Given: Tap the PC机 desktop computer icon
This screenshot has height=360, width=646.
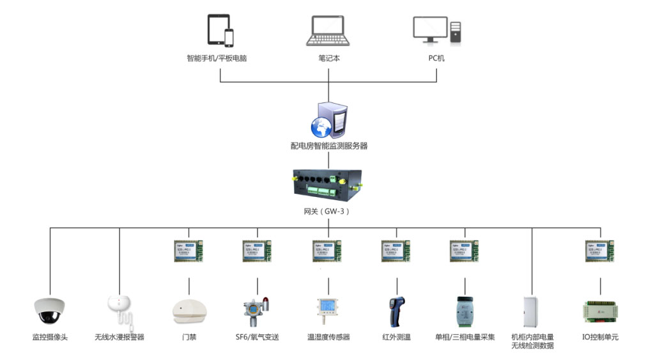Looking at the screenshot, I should click(x=436, y=31).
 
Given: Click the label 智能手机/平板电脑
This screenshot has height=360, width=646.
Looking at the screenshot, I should click(x=217, y=58).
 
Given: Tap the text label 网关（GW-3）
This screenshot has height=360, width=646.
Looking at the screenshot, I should click(x=327, y=211).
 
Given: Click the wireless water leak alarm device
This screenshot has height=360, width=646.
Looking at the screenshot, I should click(x=120, y=309).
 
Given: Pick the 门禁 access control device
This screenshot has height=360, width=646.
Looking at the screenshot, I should click(x=189, y=311).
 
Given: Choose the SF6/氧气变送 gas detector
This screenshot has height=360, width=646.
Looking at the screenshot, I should click(x=256, y=311).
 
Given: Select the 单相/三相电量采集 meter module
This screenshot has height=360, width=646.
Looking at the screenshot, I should click(x=465, y=311).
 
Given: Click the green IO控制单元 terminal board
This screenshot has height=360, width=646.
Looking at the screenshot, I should click(x=601, y=311).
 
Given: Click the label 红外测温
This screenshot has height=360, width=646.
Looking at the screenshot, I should click(x=396, y=337).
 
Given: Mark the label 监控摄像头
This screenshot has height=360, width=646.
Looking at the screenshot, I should click(x=50, y=337).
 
